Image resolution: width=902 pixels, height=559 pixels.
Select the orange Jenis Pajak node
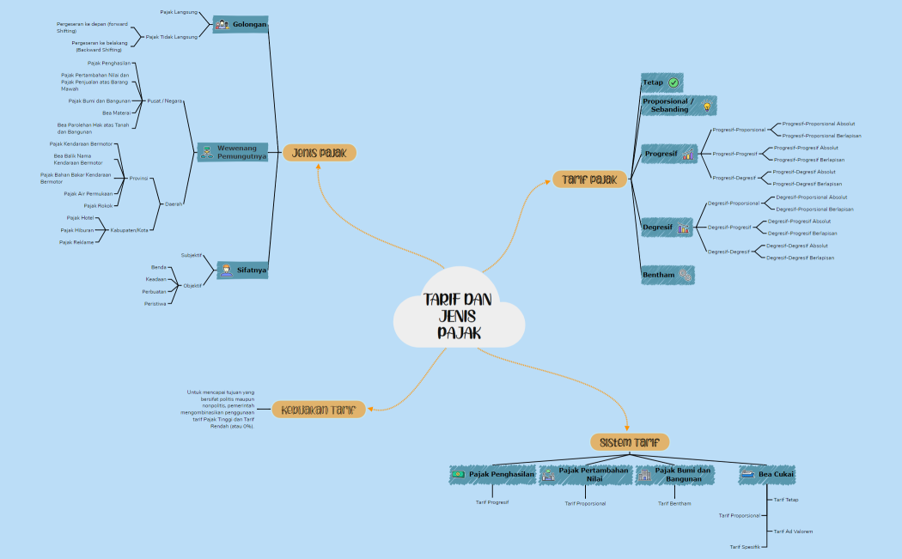[320, 153]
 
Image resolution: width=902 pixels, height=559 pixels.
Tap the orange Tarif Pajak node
[589, 179]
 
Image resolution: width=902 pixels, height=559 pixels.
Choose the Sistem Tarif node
[630, 441]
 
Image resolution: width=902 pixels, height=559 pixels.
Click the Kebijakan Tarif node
[319, 410]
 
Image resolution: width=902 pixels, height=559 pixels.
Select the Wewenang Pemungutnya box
[233, 152]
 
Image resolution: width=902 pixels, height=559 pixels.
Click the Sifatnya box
[241, 270]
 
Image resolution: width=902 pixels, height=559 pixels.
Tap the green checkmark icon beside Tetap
[673, 82]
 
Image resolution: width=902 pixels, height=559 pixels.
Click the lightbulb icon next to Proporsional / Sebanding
[707, 106]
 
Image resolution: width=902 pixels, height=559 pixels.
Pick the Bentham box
[667, 275]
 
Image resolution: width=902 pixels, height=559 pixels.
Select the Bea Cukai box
[767, 474]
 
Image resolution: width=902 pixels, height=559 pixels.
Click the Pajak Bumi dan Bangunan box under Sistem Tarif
[674, 474]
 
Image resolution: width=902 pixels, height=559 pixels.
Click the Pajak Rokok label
[98, 206]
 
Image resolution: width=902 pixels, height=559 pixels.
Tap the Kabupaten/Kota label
[130, 230]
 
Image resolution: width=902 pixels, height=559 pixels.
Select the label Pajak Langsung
[179, 12]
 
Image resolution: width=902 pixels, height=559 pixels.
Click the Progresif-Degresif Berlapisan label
[807, 184]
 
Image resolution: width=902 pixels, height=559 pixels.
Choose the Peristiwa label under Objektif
[155, 304]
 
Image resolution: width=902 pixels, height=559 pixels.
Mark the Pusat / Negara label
[165, 100]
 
